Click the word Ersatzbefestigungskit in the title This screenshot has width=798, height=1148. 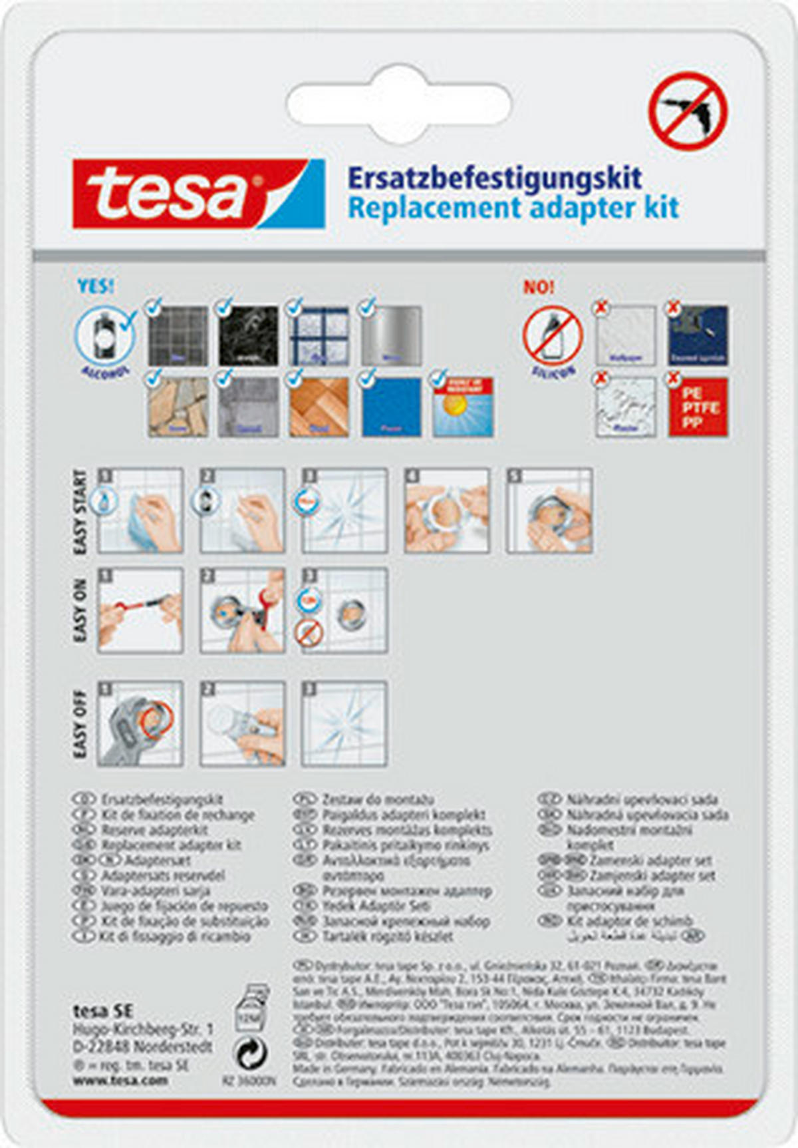(x=495, y=178)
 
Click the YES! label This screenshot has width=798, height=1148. (x=96, y=286)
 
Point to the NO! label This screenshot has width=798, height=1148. (x=539, y=287)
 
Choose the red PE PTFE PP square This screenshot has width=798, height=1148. (x=698, y=407)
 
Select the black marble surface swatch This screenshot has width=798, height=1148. (x=248, y=335)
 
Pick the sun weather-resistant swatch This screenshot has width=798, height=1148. (x=463, y=407)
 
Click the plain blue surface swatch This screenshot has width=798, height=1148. (x=391, y=407)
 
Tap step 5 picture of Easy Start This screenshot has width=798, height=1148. (x=549, y=510)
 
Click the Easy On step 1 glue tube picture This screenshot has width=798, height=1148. (x=140, y=610)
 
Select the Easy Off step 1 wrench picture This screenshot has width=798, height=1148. (x=140, y=723)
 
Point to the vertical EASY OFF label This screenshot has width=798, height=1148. (x=80, y=723)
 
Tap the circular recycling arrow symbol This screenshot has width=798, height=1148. (x=252, y=1053)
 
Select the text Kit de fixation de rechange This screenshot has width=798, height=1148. (x=178, y=815)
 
